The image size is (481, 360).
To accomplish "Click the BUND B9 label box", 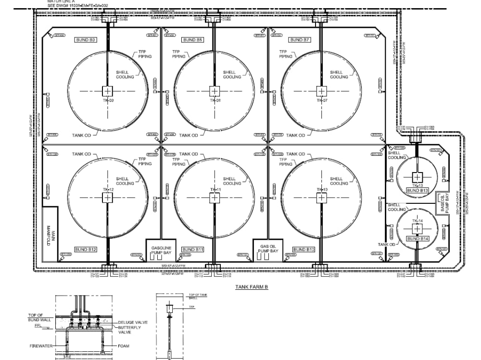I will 85,40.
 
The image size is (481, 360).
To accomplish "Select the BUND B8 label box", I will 192,40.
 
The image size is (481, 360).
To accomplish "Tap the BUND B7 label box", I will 299,40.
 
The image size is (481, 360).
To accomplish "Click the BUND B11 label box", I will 193,249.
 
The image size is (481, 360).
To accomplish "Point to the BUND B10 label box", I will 304,249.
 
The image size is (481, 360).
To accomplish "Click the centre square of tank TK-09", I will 107,91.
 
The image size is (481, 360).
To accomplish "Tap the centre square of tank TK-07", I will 321,91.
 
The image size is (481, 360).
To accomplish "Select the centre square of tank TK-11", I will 214,197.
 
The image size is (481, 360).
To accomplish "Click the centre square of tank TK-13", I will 417,176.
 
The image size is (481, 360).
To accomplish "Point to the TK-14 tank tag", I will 417,221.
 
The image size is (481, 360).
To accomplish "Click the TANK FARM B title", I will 251,287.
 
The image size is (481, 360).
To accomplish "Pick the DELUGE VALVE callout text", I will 133,323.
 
